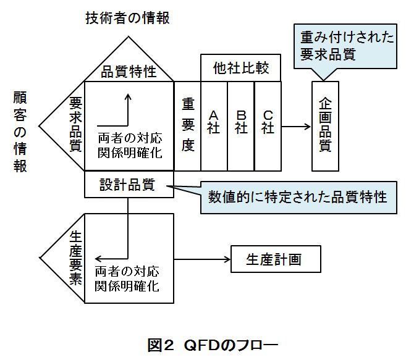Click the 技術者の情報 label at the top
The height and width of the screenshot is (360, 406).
127,17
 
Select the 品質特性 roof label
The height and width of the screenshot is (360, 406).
129,72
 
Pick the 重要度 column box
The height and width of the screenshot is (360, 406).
188,127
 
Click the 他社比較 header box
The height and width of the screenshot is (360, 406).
241,67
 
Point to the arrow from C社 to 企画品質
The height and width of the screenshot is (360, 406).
295,127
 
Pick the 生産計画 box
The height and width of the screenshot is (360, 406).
276,258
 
